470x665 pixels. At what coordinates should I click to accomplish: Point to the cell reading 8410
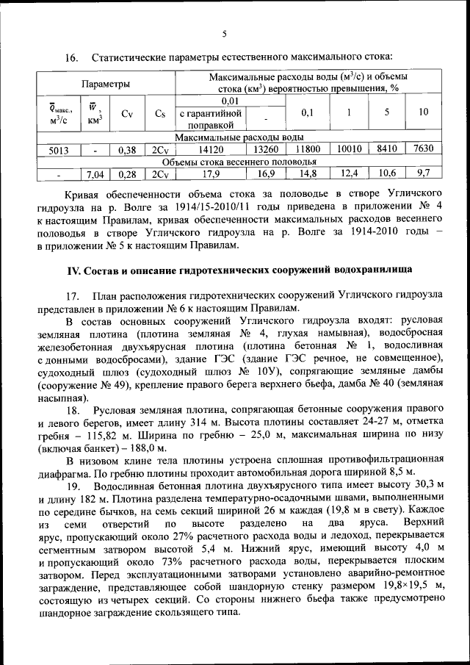click(387, 148)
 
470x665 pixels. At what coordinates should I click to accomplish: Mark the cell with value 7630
click(424, 148)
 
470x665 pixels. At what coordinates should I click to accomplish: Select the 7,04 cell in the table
click(93, 174)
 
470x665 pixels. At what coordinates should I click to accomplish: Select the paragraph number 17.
click(72, 295)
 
